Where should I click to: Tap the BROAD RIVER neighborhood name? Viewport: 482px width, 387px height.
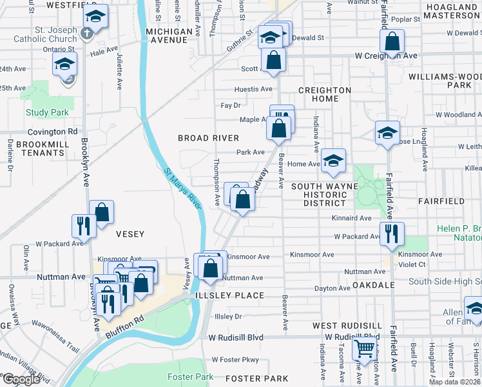[209, 138]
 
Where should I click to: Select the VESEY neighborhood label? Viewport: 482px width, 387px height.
[130, 233]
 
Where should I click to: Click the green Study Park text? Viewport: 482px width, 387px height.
[47, 112]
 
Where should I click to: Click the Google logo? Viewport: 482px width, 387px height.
[21, 379]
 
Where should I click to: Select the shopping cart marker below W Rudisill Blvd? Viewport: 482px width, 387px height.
[365, 348]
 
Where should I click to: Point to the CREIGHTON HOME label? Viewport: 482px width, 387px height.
[324, 94]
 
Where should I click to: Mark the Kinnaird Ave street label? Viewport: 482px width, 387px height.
[351, 219]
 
